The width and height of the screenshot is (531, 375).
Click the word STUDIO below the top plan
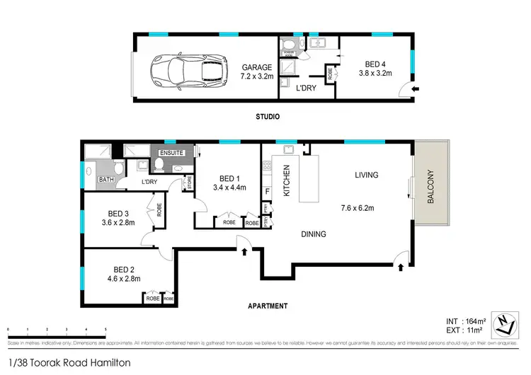(x=267, y=117)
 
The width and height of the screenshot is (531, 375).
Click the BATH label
(x=106, y=180)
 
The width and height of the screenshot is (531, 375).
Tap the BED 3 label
(x=118, y=213)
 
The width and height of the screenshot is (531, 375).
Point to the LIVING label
(x=367, y=175)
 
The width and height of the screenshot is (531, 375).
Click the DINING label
(x=312, y=234)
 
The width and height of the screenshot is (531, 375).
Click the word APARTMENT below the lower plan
(x=267, y=306)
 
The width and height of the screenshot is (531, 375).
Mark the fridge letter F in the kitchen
(x=267, y=191)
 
